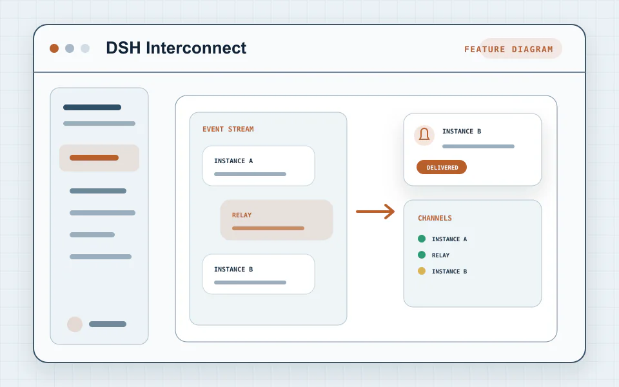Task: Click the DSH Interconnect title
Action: [x=176, y=48]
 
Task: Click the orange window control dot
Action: [x=54, y=48]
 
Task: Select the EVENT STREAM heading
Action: [x=228, y=129]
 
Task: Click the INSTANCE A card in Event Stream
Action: [x=259, y=166]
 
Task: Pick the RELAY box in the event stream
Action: [x=277, y=220]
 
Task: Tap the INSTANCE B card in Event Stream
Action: [x=259, y=274]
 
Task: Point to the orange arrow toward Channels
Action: [x=375, y=212]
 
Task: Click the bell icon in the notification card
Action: [x=424, y=135]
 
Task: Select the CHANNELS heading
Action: [x=435, y=218]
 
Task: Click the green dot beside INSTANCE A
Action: [x=422, y=239]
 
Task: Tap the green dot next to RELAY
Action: [x=422, y=255]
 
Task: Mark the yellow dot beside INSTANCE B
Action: [x=422, y=271]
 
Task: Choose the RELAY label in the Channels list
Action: [x=440, y=255]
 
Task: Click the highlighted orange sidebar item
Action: [x=99, y=158]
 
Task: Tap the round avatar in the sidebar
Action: [x=75, y=324]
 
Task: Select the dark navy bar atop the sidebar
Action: [x=92, y=108]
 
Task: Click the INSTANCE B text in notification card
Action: [x=462, y=131]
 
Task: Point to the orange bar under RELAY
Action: [x=268, y=228]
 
